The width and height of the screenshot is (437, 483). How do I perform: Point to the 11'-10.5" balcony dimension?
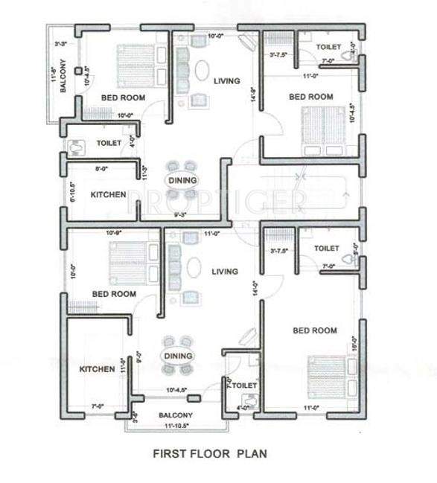[x=173, y=426]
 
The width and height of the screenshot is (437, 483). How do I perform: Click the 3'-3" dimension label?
[x=62, y=45]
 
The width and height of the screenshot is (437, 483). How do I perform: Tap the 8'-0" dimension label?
[x=103, y=169]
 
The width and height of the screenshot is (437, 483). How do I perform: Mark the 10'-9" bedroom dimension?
[x=114, y=234]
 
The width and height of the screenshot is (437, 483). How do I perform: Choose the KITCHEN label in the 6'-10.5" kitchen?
[x=108, y=195]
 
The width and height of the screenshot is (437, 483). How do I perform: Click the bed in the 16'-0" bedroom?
[x=328, y=374]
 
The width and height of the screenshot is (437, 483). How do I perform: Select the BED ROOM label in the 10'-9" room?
[x=114, y=294]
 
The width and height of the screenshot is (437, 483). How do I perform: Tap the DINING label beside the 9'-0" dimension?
[x=178, y=356]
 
